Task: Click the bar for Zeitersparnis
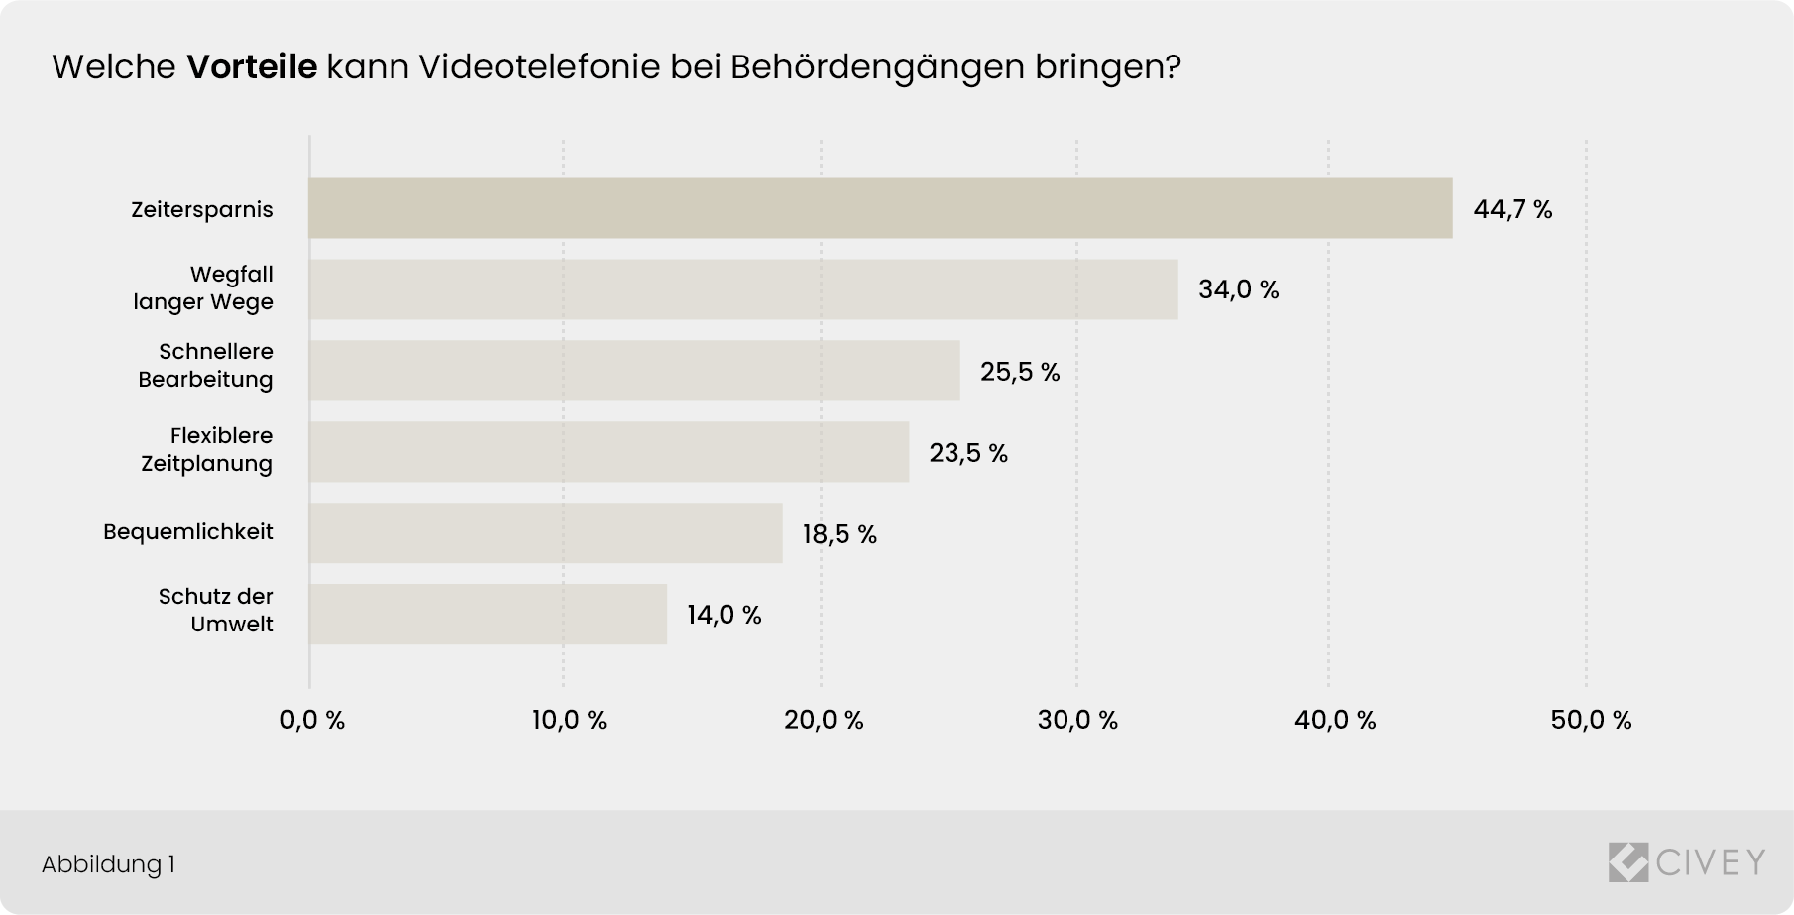tap(880, 208)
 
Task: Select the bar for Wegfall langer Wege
tap(743, 289)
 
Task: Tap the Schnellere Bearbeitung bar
tap(634, 371)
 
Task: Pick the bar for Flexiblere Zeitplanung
tap(609, 452)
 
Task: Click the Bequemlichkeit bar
tap(545, 533)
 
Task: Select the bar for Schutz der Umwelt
tap(488, 615)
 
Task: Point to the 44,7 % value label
tap(1513, 209)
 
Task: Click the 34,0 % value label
tap(1238, 290)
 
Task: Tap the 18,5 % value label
tap(840, 535)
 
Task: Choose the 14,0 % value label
tap(725, 616)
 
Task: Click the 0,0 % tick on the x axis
tap(312, 721)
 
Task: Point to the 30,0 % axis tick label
tap(1077, 721)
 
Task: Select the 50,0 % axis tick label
tap(1591, 721)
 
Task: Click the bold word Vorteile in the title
tap(252, 67)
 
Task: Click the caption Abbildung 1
tap(108, 864)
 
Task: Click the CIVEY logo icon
tap(1627, 861)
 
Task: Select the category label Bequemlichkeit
tap(188, 532)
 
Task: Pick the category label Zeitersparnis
tap(202, 210)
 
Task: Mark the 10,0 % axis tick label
tap(569, 721)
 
